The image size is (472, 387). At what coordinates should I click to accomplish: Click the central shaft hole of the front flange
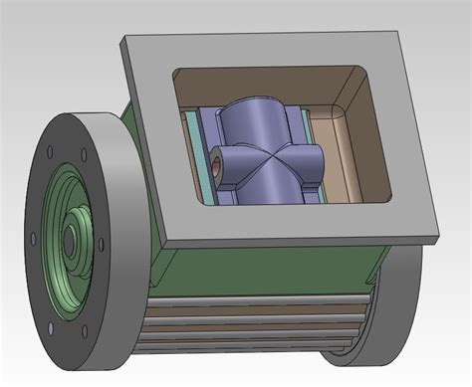tap(71, 239)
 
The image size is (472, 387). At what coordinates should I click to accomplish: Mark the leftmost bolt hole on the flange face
tap(34, 237)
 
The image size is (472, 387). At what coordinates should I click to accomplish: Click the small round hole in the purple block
tap(216, 157)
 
